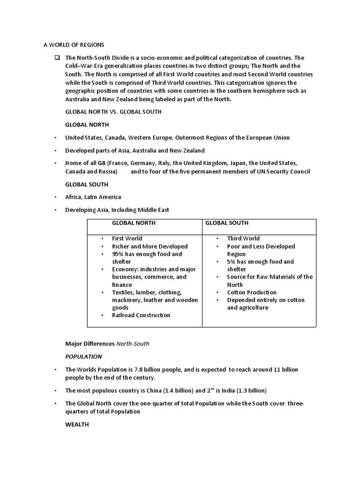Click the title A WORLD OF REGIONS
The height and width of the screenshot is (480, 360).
(x=74, y=45)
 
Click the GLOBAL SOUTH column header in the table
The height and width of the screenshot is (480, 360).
(x=227, y=223)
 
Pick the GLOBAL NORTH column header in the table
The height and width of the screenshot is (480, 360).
(x=134, y=223)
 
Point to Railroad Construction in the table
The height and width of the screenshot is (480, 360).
(x=141, y=315)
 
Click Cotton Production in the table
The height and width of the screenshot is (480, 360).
(x=252, y=292)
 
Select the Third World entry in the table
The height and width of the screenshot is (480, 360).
(x=243, y=239)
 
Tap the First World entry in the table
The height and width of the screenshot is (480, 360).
(x=127, y=239)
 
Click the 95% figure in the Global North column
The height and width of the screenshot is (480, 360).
(x=118, y=254)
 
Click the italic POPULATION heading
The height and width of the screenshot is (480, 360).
(x=84, y=357)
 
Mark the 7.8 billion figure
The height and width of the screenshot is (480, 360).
(x=141, y=370)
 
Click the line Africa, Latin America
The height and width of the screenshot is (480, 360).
(x=93, y=197)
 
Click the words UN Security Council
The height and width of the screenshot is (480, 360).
(x=284, y=172)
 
